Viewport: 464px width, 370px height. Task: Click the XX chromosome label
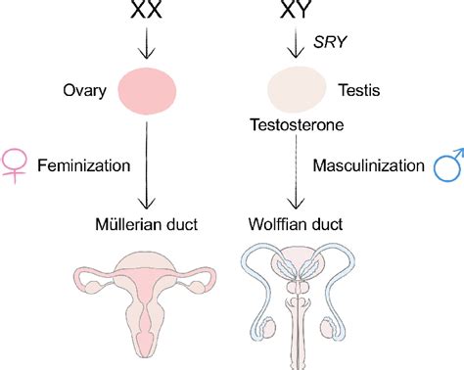(147, 13)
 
